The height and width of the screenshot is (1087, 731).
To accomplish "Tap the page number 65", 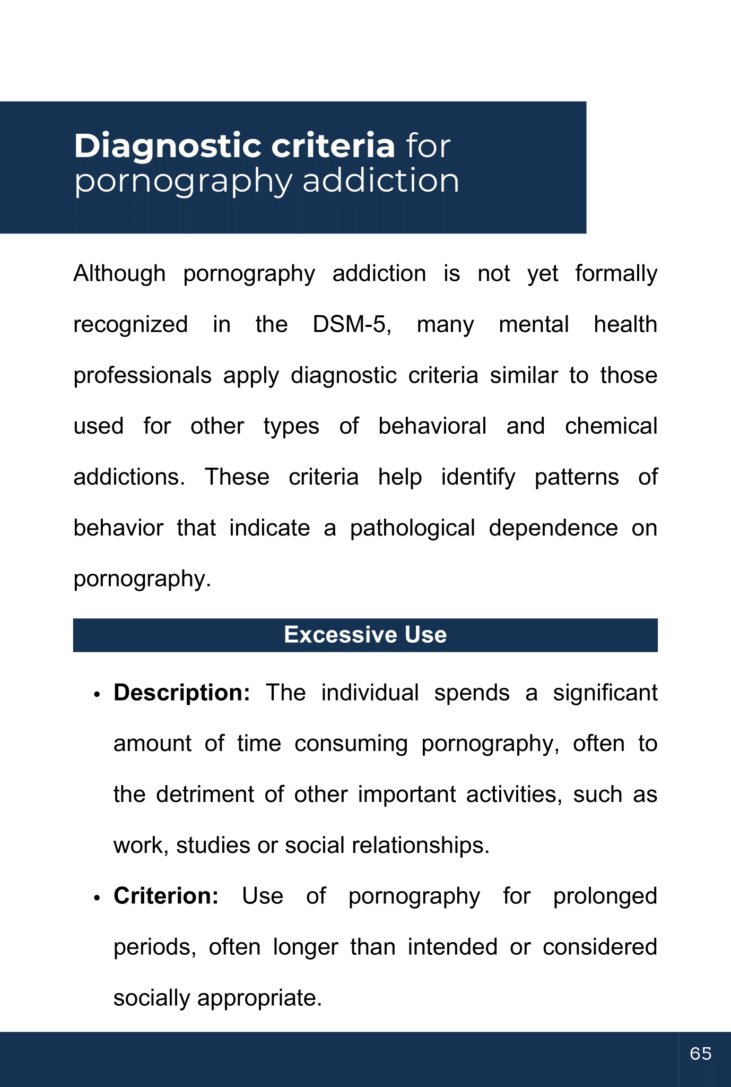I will pyautogui.click(x=701, y=1054).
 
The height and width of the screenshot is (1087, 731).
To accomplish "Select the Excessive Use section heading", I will pyautogui.click(x=365, y=635).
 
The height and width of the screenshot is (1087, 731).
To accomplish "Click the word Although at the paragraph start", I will pyautogui.click(x=119, y=274).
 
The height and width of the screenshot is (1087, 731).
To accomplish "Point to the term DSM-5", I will pyautogui.click(x=352, y=325).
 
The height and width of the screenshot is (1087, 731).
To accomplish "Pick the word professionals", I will pyautogui.click(x=142, y=376).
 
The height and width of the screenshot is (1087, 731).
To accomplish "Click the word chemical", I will pyautogui.click(x=611, y=426).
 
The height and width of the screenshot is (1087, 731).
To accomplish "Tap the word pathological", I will pyautogui.click(x=412, y=528).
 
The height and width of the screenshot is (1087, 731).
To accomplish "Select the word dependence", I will pyautogui.click(x=553, y=528).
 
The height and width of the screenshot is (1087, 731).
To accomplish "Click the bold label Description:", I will pyautogui.click(x=181, y=693).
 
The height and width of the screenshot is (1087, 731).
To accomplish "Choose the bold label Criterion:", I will pyautogui.click(x=166, y=896).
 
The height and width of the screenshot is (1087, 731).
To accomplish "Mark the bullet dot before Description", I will pyautogui.click(x=97, y=695).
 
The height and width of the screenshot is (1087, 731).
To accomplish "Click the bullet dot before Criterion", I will pyautogui.click(x=97, y=898).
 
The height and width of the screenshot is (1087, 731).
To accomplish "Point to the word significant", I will pyautogui.click(x=605, y=693).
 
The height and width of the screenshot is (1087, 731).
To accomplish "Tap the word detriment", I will pyautogui.click(x=205, y=795).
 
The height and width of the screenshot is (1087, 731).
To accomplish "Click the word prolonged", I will pyautogui.click(x=605, y=896).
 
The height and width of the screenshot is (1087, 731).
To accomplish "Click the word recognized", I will pyautogui.click(x=130, y=325).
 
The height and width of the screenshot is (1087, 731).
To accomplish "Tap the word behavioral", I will pyautogui.click(x=432, y=426).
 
